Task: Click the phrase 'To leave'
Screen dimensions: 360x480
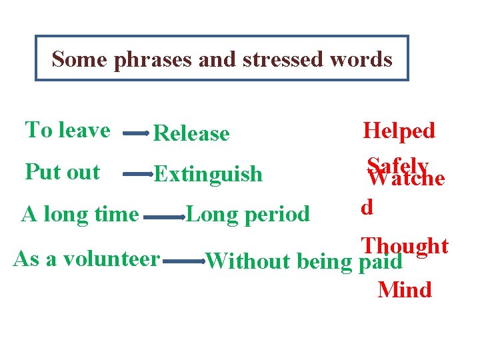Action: coord(67,129)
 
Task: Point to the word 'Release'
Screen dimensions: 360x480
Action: coord(191,133)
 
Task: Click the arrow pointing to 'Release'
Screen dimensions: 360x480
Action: coord(136,133)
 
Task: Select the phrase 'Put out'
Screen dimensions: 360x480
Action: coord(62,171)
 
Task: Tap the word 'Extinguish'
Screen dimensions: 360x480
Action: coord(208,175)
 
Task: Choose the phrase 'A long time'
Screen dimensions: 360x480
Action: coord(80,215)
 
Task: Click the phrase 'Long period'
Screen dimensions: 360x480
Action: coord(248,214)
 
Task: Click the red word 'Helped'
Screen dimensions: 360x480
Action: coord(399,130)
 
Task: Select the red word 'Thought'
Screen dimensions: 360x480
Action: coord(405,245)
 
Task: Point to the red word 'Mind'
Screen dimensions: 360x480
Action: coord(404,290)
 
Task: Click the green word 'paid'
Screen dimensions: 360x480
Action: coord(380,261)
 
